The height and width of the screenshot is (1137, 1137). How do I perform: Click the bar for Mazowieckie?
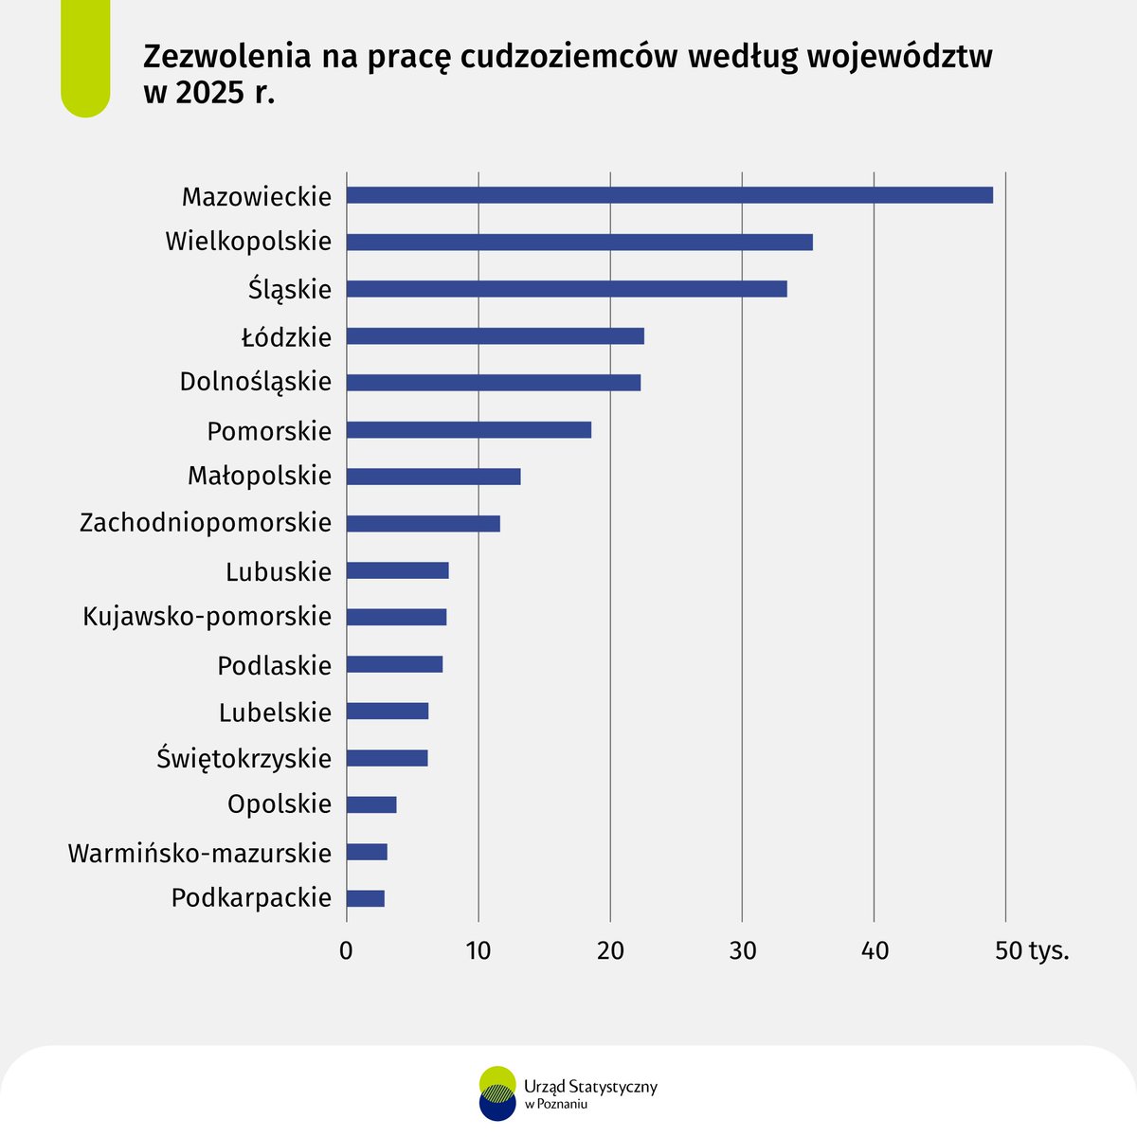669,195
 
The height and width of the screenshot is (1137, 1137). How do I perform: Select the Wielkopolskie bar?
579,243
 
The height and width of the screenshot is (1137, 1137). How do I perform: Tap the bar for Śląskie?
566,289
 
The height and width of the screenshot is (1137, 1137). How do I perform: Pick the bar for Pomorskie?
468,430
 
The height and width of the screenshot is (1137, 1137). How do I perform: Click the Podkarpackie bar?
365,898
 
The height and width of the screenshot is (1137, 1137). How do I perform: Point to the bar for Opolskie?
370,804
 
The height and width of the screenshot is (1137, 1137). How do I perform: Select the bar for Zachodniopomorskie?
423,524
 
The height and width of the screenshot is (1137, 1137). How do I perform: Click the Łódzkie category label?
286,337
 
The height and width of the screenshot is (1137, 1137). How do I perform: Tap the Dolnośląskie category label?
256,382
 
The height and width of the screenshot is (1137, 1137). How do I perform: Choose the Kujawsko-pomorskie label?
208,617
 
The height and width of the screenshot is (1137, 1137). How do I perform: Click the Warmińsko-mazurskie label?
200,853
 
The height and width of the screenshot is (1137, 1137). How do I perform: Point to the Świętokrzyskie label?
244,758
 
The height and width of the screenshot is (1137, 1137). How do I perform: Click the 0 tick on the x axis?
346,950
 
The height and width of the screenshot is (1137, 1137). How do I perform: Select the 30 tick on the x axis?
742,950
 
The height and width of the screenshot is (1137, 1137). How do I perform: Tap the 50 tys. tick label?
1031,950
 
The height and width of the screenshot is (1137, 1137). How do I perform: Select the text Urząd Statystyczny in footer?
589,1086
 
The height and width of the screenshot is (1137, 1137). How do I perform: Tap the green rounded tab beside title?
85,57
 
